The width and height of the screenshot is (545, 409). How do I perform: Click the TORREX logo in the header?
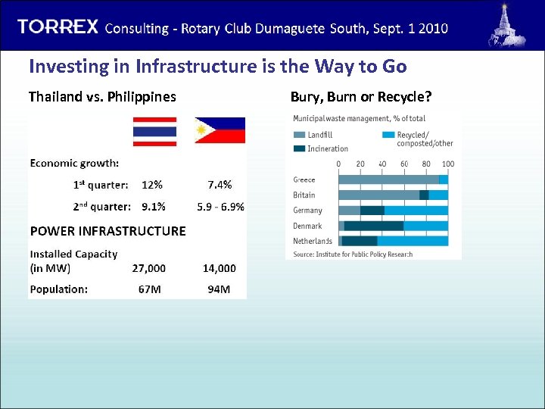click(58, 27)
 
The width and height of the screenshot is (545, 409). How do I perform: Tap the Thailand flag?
click(154, 131)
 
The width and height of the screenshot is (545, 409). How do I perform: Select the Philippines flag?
click(220, 130)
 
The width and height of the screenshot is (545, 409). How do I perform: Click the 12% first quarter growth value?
click(151, 185)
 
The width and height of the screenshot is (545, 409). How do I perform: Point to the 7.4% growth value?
click(220, 185)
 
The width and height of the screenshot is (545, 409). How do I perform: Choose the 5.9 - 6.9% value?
click(220, 206)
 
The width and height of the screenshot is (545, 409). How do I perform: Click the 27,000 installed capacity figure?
click(148, 268)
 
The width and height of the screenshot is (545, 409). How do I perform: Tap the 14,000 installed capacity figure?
click(219, 268)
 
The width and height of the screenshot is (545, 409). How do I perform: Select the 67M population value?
click(148, 289)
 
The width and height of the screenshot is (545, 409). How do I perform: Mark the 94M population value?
click(219, 289)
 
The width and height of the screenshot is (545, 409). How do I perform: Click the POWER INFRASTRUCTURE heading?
click(107, 231)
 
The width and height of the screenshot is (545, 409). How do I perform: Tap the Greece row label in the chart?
click(304, 180)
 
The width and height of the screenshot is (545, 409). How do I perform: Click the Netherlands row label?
click(313, 241)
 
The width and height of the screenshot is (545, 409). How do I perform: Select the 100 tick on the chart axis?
click(448, 164)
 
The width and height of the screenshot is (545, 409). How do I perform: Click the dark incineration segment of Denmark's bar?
click(374, 226)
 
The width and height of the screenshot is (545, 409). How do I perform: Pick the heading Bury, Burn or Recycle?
click(360, 97)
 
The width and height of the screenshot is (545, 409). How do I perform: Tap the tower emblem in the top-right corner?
click(504, 25)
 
